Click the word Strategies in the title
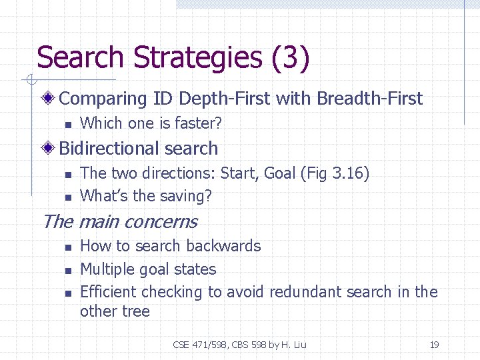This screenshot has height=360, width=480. pos(198,57)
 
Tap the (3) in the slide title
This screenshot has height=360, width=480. pos(290,57)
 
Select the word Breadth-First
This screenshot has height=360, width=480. pos(370,99)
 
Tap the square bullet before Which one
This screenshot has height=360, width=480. pos(67,124)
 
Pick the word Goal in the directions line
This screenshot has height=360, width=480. pos(280,173)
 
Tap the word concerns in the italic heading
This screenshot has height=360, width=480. pos(161,221)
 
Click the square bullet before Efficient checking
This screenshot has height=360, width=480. pos(67,293)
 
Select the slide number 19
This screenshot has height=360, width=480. pos(434,345)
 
